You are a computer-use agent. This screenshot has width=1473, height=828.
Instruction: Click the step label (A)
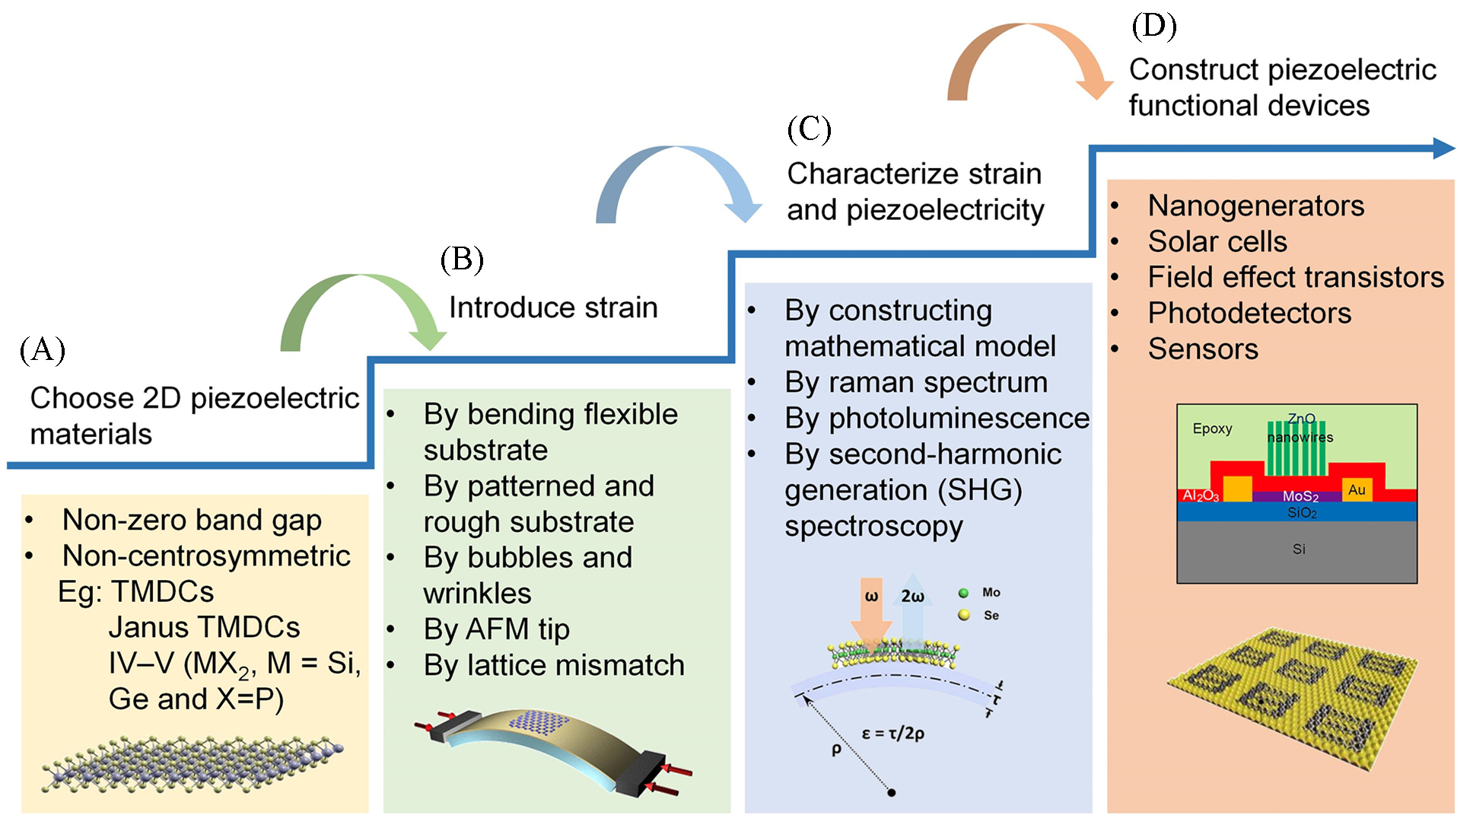[x=43, y=350]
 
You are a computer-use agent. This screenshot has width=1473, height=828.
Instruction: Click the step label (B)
[x=462, y=260]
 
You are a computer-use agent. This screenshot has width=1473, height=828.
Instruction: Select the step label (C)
[x=809, y=129]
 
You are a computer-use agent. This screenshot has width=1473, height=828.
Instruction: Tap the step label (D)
[x=1153, y=26]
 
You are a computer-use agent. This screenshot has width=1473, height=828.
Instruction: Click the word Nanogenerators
[x=1255, y=205]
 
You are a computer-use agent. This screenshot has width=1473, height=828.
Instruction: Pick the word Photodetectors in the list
[x=1249, y=313]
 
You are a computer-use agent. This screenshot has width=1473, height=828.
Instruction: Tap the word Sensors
[x=1203, y=349]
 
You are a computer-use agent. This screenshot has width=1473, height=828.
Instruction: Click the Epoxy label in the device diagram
[x=1212, y=428]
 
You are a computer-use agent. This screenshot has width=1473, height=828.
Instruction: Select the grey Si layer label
[x=1299, y=549]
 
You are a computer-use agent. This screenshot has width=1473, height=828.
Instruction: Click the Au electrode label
[x=1357, y=490]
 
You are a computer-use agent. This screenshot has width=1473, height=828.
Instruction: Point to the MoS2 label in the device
[x=1300, y=496]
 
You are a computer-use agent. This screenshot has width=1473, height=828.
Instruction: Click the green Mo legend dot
[x=964, y=593]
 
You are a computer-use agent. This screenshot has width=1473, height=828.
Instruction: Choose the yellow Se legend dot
[x=964, y=615]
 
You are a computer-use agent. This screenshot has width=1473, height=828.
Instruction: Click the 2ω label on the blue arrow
[x=912, y=597]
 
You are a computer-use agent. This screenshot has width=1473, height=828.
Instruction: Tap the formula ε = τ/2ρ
[x=892, y=734]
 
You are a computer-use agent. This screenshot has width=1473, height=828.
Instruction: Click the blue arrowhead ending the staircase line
[x=1443, y=148]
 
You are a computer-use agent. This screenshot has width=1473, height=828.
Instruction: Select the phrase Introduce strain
[x=553, y=307]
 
